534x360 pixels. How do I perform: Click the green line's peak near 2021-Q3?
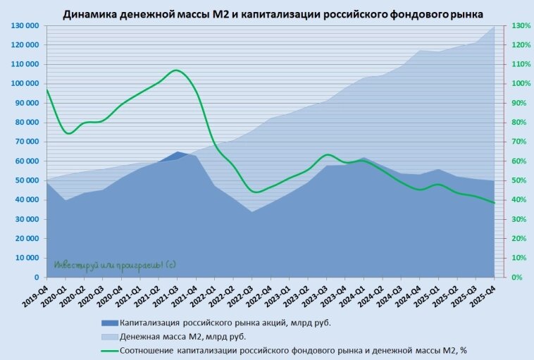pos(177,70)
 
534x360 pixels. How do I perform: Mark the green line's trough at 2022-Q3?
pos(255,192)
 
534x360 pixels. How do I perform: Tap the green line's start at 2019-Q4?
pos(46,89)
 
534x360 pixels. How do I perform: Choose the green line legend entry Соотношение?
pos(292,349)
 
